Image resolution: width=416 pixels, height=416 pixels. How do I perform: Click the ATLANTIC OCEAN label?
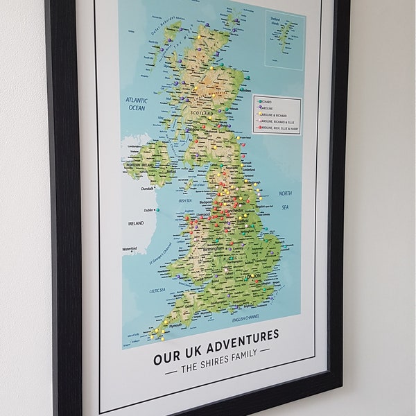pos(137,104)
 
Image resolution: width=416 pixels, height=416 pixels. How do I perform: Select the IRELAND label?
pos(136,223)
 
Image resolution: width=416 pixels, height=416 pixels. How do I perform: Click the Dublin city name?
pos(148,210)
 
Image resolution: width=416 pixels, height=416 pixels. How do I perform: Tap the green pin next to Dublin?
pos(157,210)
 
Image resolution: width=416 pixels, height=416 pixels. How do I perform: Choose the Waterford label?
pos(130,249)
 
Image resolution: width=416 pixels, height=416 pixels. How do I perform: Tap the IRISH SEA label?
pos(184,200)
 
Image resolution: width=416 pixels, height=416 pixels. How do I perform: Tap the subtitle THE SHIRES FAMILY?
pos(218,354)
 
